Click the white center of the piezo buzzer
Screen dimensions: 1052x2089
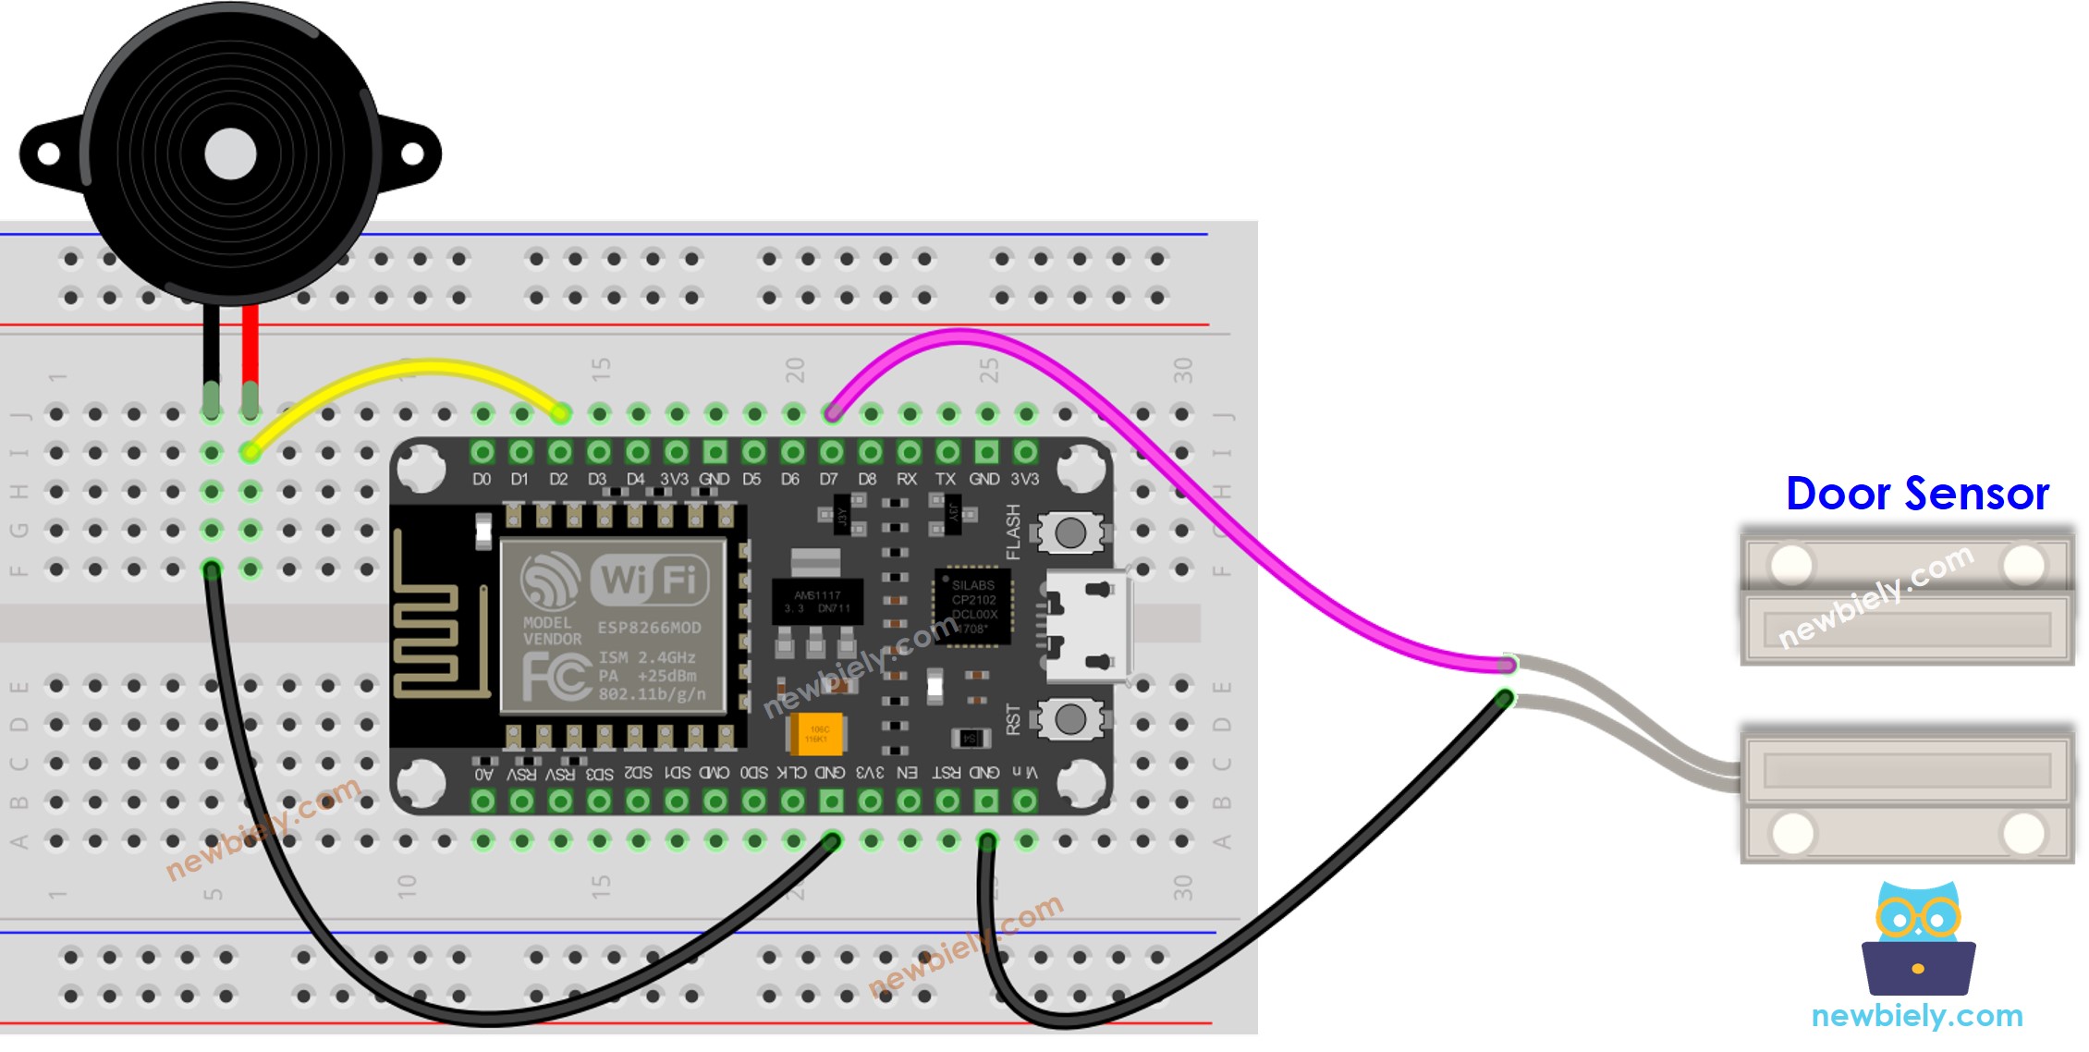(230, 154)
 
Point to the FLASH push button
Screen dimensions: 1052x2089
(1070, 532)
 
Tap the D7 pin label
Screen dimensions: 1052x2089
(828, 479)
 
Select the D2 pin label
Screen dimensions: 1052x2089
(558, 479)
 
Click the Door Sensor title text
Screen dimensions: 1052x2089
(1917, 494)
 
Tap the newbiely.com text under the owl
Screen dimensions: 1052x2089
(1917, 1016)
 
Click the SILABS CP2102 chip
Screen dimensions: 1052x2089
(973, 606)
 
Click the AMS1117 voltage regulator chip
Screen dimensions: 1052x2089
(817, 601)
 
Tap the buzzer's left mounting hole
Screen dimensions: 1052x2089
(48, 154)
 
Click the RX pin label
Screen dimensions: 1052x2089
(906, 479)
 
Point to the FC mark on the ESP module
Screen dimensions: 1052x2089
(556, 677)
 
